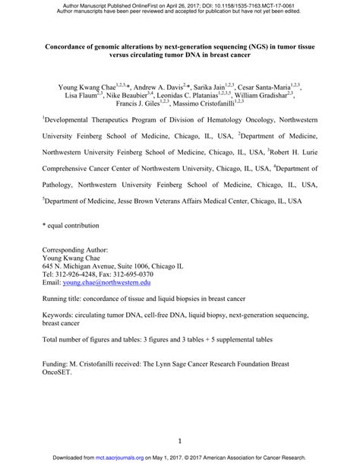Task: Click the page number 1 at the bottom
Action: (179, 440)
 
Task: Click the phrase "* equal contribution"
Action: (71, 226)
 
